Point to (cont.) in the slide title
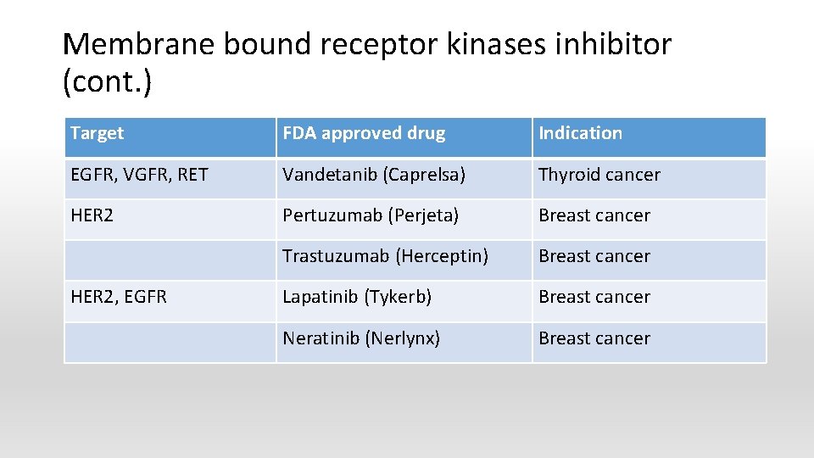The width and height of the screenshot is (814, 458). (107, 82)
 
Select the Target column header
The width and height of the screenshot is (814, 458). (97, 133)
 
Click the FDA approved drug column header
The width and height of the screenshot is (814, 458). (364, 133)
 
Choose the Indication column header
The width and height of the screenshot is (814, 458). (580, 133)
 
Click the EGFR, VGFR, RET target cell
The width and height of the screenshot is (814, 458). (139, 175)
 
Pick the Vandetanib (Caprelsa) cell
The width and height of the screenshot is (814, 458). (374, 175)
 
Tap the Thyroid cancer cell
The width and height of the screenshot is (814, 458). (599, 175)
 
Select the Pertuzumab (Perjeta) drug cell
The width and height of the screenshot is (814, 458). (371, 215)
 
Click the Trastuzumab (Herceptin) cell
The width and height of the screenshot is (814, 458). (385, 256)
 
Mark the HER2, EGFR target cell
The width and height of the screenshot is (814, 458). (119, 297)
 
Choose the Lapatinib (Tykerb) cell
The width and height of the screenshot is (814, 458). (357, 297)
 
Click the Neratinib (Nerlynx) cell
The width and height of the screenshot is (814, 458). (361, 338)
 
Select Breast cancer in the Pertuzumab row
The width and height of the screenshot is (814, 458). (594, 215)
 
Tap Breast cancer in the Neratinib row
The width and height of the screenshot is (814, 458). (594, 338)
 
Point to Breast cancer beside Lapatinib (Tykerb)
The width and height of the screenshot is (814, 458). (594, 297)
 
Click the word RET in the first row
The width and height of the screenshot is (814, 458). (192, 175)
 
